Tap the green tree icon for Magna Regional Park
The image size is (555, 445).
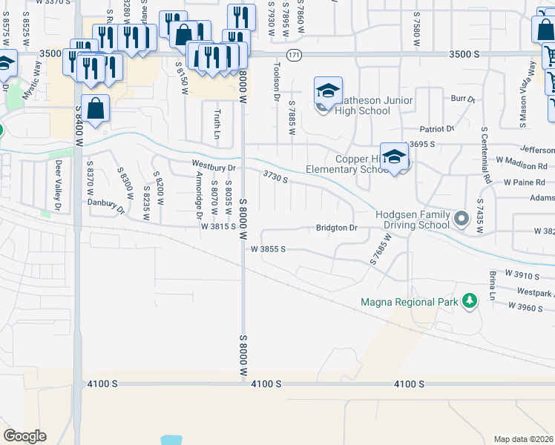tap(468, 300)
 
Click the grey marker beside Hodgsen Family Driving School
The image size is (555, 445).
tap(462, 219)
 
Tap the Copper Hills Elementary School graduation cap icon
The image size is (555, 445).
tap(395, 156)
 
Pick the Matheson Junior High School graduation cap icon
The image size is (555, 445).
tap(328, 91)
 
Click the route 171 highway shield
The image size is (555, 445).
tap(295, 55)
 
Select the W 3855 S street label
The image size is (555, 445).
tap(268, 250)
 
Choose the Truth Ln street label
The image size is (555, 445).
tap(217, 124)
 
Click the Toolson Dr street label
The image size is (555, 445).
tap(276, 82)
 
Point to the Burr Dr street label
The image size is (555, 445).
tap(462, 99)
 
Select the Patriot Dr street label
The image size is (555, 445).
tap(436, 128)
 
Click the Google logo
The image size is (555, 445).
tap(24, 436)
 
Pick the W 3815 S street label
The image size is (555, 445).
tap(217, 227)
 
